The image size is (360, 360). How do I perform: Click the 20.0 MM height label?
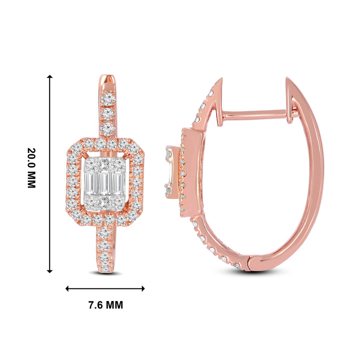point(31,167)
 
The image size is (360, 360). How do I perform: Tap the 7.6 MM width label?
point(105,305)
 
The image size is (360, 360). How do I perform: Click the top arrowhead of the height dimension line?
point(49,77)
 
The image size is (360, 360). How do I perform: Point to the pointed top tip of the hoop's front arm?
point(220,80)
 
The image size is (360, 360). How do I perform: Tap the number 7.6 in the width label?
point(94,305)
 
